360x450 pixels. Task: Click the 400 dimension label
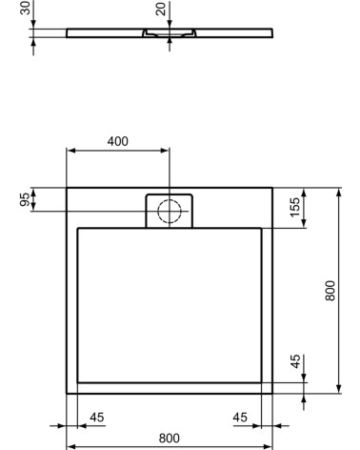pyautogui.click(x=117, y=141)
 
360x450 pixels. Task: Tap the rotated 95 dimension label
pyautogui.click(x=24, y=199)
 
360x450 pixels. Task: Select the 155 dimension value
pyautogui.click(x=295, y=206)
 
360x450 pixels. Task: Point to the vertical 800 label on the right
pyautogui.click(x=330, y=290)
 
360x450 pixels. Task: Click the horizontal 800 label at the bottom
pyautogui.click(x=169, y=438)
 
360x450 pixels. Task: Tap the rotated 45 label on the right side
pyautogui.click(x=295, y=362)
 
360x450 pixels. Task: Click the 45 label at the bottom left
pyautogui.click(x=97, y=416)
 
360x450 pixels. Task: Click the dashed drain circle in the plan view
pyautogui.click(x=169, y=211)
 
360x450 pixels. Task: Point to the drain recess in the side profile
pyautogui.click(x=169, y=32)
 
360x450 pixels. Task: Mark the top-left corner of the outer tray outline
pyautogui.click(x=67, y=188)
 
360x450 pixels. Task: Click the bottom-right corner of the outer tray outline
pyautogui.click(x=272, y=393)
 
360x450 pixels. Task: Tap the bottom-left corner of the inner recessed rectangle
pyautogui.click(x=77, y=382)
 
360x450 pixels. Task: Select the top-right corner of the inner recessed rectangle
pyautogui.click(x=261, y=228)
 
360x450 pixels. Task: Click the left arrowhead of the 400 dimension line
pyautogui.click(x=70, y=150)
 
